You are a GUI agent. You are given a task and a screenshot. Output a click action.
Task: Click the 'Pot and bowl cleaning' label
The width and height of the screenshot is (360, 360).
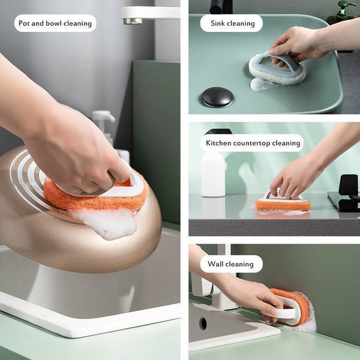point(55,23)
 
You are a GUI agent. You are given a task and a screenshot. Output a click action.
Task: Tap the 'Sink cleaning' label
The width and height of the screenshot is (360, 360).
point(232,23)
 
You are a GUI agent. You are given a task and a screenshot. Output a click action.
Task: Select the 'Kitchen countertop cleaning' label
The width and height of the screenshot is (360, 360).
point(253,143)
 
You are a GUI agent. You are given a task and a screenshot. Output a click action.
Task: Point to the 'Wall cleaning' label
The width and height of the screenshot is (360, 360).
point(231,263)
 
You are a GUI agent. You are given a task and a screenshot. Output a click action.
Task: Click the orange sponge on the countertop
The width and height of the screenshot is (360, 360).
point(283,204)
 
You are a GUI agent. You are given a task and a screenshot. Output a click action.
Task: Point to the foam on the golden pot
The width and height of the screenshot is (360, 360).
point(111,223)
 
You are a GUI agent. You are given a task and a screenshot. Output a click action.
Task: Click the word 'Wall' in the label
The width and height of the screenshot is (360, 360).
point(217,263)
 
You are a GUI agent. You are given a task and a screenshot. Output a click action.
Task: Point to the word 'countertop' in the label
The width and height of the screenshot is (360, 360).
point(253,143)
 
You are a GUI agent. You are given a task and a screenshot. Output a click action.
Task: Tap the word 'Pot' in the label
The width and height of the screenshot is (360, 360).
point(25,23)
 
